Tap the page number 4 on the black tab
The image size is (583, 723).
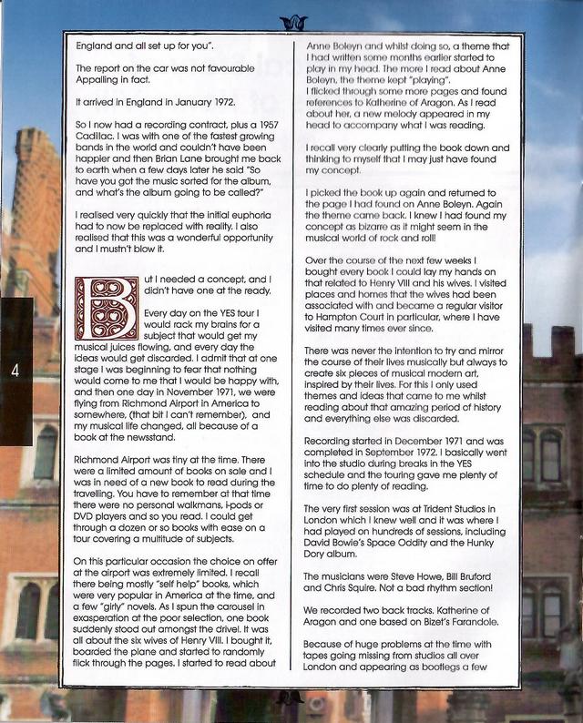point(15,369)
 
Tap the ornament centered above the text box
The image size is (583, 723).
point(293,20)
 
